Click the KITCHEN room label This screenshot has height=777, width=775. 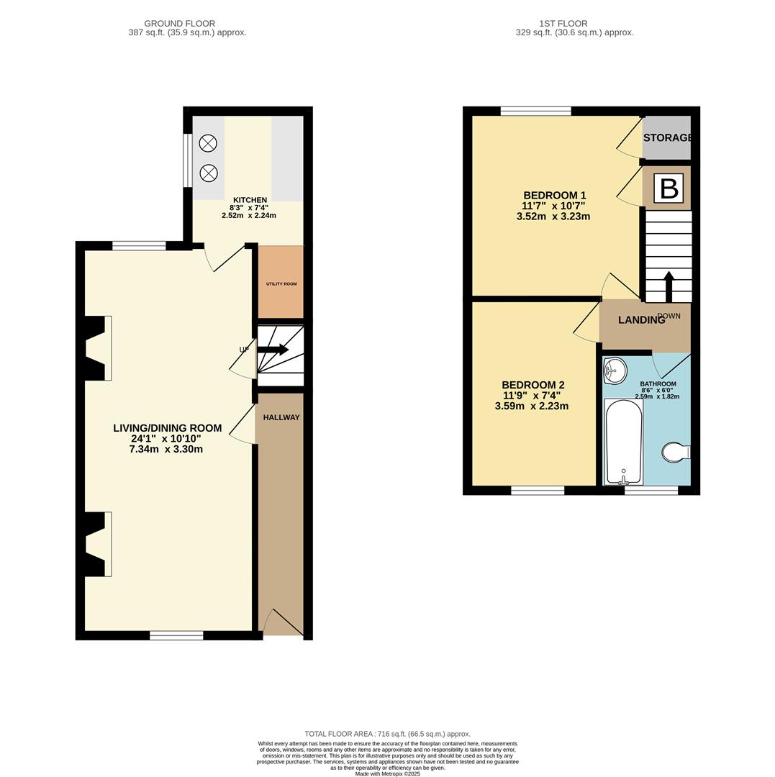click(250, 200)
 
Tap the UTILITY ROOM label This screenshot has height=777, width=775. click(281, 284)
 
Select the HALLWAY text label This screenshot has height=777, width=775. click(281, 417)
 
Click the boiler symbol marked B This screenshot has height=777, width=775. click(669, 188)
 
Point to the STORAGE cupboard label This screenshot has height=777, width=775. click(667, 137)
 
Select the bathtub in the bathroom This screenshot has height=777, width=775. click(624, 441)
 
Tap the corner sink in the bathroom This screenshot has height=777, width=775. click(615, 371)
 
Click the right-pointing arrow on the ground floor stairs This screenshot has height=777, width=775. click(273, 350)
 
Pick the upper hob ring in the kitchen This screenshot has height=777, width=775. click(208, 143)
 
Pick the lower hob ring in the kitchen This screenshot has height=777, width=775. click(208, 173)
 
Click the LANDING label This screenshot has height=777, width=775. click(641, 320)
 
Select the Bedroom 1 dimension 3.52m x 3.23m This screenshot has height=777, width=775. click(553, 216)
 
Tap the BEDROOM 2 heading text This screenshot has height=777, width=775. click(532, 385)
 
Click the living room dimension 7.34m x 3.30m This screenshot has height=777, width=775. click(167, 449)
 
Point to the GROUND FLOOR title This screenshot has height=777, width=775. click(179, 24)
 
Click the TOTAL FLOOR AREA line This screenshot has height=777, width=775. click(387, 734)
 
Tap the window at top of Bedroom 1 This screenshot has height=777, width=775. click(535, 111)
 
